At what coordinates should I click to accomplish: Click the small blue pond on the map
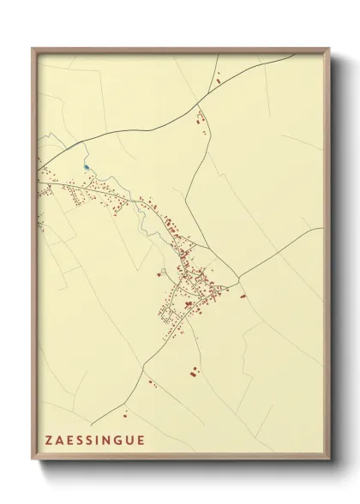coord(86,166)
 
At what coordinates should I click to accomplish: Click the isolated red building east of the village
coord(243,296)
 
